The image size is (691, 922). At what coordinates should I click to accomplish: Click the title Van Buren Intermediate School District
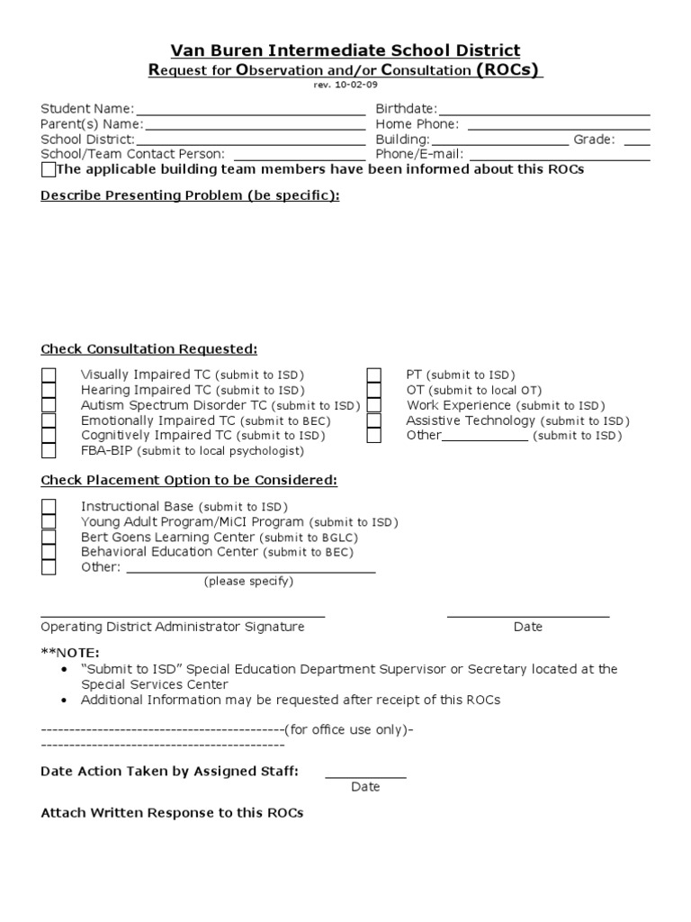(x=345, y=50)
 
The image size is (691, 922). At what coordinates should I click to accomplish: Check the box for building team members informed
(x=49, y=170)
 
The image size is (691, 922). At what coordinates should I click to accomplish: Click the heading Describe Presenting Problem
(x=190, y=195)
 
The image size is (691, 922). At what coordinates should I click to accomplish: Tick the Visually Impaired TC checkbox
(x=49, y=375)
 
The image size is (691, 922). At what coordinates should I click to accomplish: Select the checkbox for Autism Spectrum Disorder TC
(x=49, y=406)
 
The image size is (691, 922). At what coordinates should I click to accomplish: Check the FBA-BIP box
(x=49, y=451)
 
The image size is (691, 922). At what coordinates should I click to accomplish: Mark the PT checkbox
(x=374, y=375)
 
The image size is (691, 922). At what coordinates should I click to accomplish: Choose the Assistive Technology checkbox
(x=374, y=420)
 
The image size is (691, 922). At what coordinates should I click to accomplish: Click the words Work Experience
(x=458, y=405)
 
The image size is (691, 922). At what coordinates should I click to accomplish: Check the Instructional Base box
(x=49, y=507)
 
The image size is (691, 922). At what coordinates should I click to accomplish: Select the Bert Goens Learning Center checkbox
(x=49, y=538)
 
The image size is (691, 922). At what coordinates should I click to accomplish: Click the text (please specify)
(x=248, y=582)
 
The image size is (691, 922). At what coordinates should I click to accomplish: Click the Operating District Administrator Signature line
(x=183, y=615)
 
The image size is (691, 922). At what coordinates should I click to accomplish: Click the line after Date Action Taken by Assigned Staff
(x=365, y=774)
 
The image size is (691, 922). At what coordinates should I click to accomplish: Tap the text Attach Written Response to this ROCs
(x=172, y=812)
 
